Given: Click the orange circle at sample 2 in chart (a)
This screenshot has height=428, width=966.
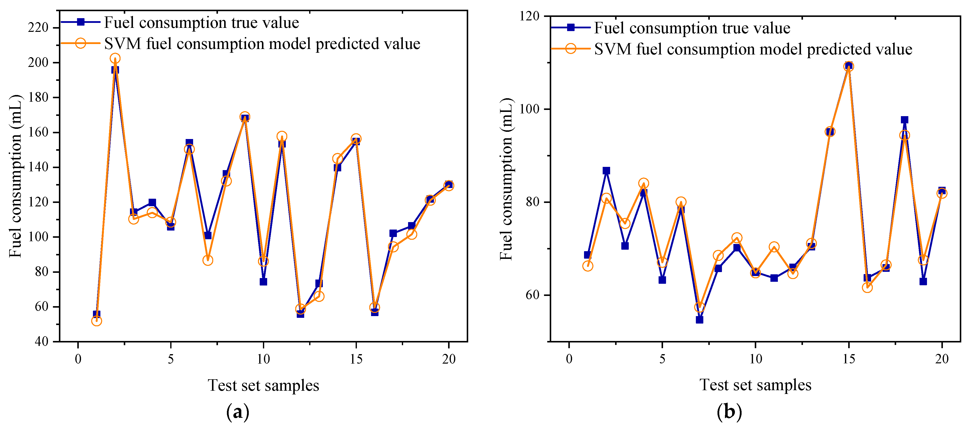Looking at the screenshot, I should pyautogui.click(x=115, y=58).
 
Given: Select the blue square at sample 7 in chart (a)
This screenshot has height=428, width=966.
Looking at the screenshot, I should pyautogui.click(x=208, y=236).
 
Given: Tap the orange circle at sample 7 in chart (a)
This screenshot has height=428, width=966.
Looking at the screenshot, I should pyautogui.click(x=208, y=260).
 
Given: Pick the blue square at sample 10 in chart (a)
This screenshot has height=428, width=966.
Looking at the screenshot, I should pyautogui.click(x=263, y=282).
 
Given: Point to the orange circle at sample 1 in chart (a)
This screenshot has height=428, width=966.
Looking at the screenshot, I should pyautogui.click(x=96, y=321).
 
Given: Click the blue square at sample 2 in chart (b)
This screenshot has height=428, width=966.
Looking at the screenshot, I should pyautogui.click(x=606, y=171).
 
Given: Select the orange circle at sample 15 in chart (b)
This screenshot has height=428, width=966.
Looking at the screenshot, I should pyautogui.click(x=849, y=67).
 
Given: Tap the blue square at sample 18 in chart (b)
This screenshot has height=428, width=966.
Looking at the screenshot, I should pyautogui.click(x=905, y=120).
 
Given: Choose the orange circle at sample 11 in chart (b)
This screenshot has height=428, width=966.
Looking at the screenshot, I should pyautogui.click(x=774, y=247).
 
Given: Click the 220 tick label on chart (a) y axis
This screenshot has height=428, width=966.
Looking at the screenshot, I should pyautogui.click(x=38, y=28).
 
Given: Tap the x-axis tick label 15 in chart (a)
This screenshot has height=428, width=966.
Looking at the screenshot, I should pyautogui.click(x=356, y=359).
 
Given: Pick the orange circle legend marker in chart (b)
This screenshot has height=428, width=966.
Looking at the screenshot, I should pyautogui.click(x=571, y=48).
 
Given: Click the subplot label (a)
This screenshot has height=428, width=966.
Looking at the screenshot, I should pyautogui.click(x=238, y=412).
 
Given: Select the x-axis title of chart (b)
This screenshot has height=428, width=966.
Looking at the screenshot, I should pyautogui.click(x=755, y=385).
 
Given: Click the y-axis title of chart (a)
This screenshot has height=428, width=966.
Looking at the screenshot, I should pyautogui.click(x=16, y=176).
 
